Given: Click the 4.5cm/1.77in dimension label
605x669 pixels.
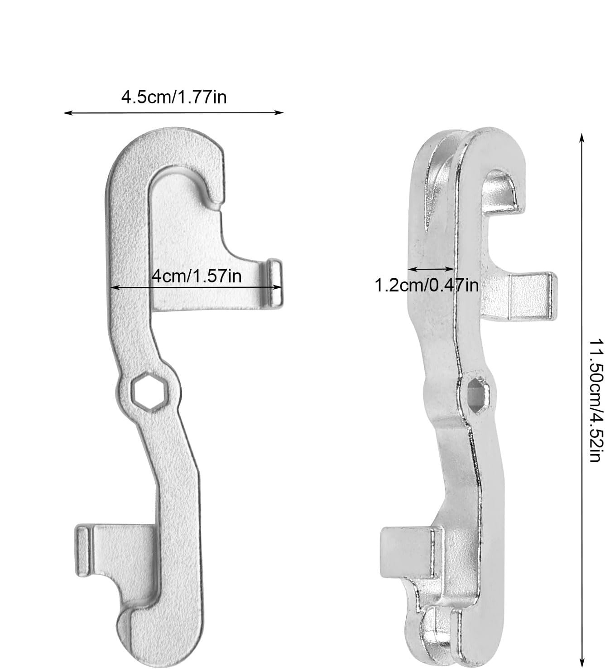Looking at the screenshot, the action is [174, 97].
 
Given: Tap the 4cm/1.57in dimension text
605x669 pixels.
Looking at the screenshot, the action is [197, 276].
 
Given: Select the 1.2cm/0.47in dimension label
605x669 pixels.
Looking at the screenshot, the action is [427, 286].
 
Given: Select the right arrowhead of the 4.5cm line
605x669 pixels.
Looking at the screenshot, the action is [279, 113].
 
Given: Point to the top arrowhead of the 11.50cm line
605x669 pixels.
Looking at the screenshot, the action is [581, 137].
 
